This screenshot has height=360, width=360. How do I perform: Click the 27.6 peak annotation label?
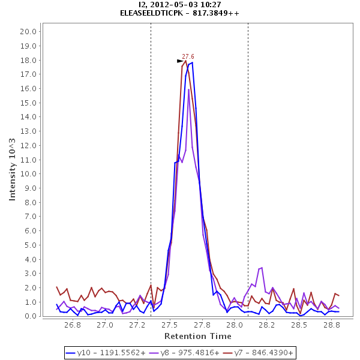[188, 56]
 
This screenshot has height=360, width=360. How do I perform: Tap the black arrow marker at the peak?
[180, 61]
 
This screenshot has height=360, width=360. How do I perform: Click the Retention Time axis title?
[197, 336]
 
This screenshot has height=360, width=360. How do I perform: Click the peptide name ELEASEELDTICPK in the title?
[153, 13]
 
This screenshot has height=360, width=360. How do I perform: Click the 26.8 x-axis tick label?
[73, 325]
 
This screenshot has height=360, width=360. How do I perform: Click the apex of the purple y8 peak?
[188, 89]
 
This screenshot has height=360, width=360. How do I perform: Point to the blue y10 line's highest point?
[192, 62]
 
